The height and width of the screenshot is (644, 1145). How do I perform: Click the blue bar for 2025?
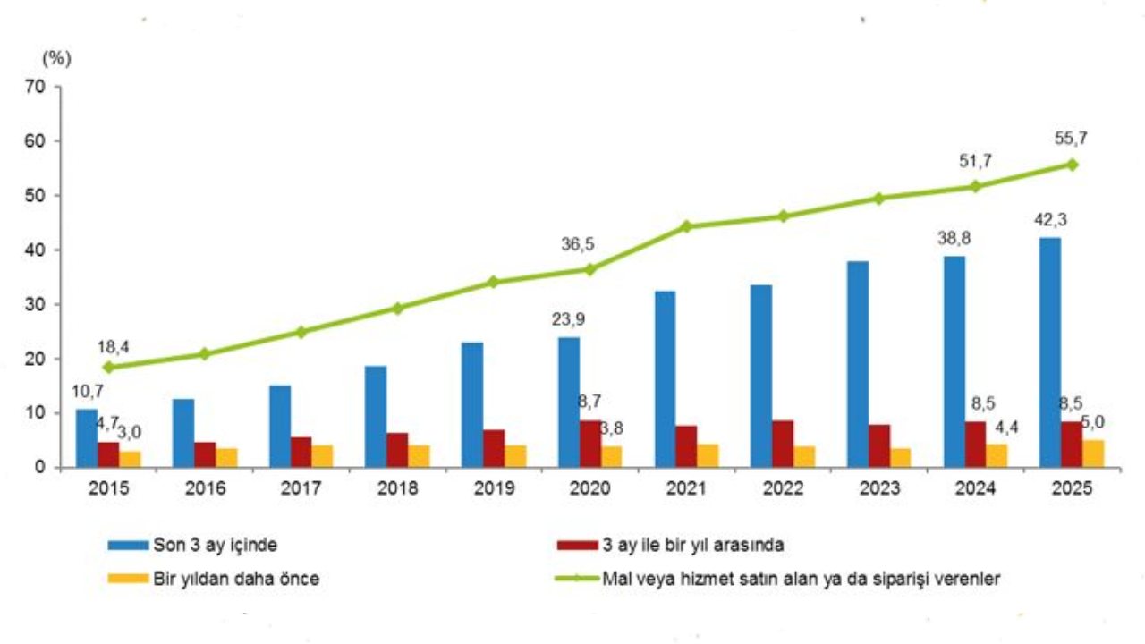coord(1050,352)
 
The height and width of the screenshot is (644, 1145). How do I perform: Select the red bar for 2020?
coord(590,444)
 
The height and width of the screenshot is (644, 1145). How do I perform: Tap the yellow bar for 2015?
coord(131,459)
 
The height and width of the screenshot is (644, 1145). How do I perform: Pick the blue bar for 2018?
coord(376,416)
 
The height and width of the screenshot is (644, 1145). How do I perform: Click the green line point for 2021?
coord(686,226)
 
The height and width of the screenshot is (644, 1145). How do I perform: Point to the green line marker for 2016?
coord(204,354)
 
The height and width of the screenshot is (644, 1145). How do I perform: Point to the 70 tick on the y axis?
coord(36,87)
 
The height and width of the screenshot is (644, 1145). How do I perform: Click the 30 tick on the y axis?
coord(36,304)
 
